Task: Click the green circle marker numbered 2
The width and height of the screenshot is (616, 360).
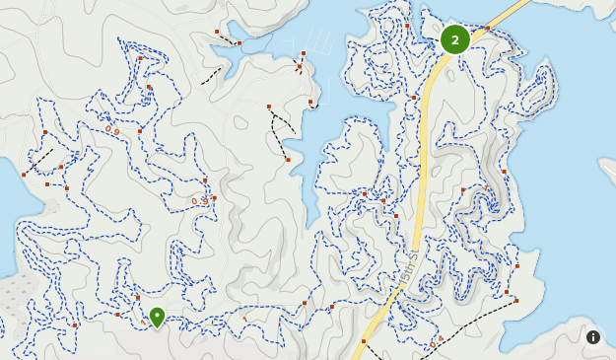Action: pos(454,39)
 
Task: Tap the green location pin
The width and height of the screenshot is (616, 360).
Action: pos(157,318)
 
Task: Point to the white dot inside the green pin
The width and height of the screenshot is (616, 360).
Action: pos(157,316)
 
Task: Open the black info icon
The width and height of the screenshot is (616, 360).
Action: pos(593,337)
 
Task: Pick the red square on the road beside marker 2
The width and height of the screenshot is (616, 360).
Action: pos(487,29)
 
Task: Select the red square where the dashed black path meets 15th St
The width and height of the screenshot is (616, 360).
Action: pos(364,341)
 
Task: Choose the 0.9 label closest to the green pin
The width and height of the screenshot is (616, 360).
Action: pos(201,201)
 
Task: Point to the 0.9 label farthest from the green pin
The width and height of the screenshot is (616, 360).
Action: pos(112,129)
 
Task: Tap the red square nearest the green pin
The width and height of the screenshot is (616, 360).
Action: pos(137,297)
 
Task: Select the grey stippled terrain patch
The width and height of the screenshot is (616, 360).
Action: pos(39,296)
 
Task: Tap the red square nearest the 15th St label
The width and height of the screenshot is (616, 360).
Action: pos(395,215)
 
